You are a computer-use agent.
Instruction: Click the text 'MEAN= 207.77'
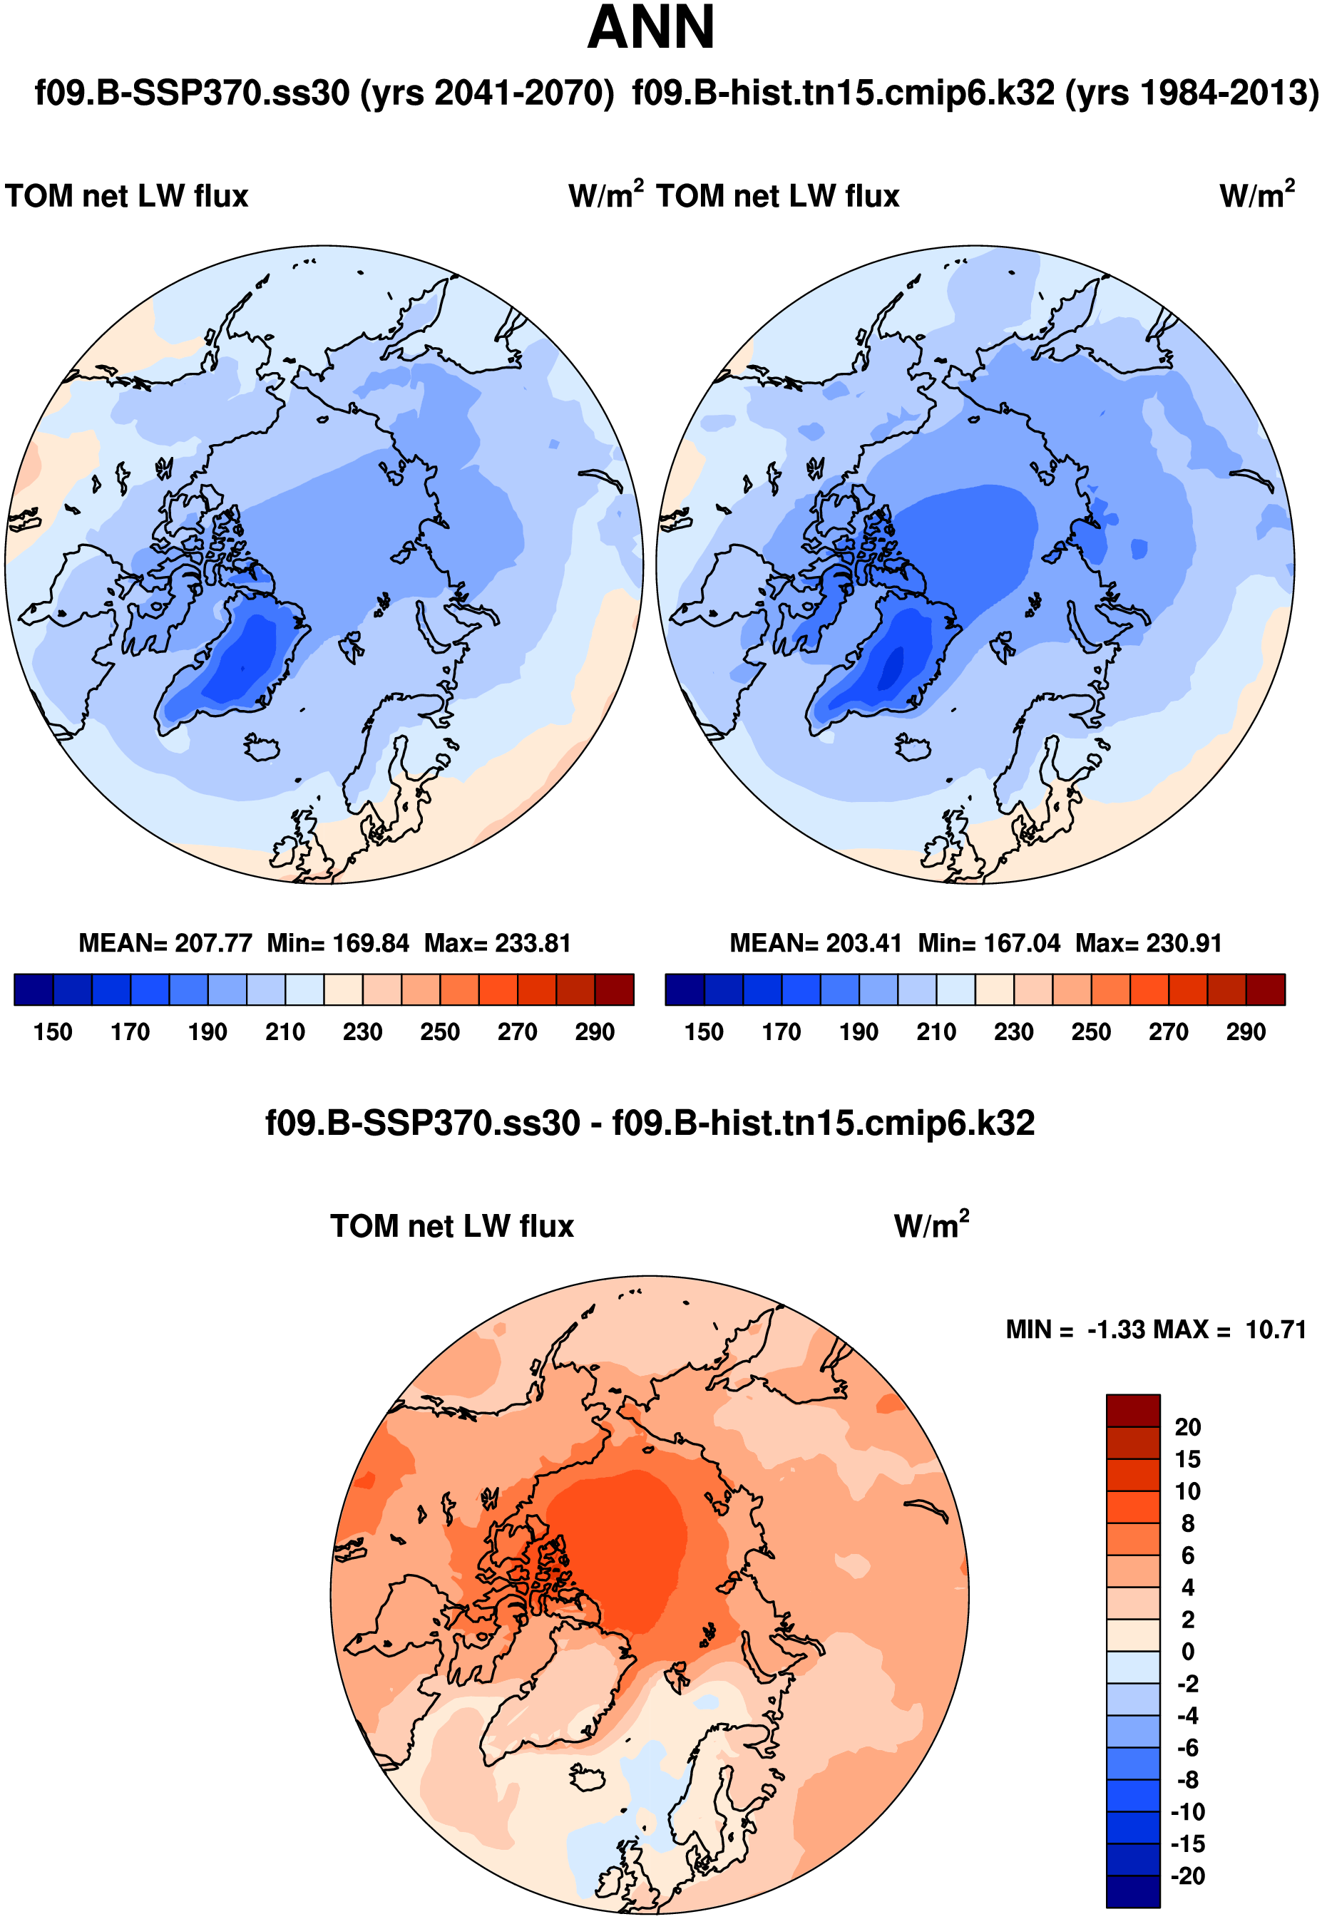pyautogui.click(x=165, y=943)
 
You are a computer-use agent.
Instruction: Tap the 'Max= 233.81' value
pyautogui.click(x=498, y=943)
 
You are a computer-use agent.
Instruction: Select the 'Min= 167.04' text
pyautogui.click(x=989, y=943)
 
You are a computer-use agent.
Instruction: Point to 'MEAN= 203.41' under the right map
pyautogui.click(x=816, y=943)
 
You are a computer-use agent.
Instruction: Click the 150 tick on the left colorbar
pyautogui.click(x=53, y=1032)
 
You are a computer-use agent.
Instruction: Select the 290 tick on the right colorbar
pyautogui.click(x=1246, y=1032)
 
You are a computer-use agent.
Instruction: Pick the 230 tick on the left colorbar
pyautogui.click(x=363, y=1032)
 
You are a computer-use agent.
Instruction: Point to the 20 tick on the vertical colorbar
pyautogui.click(x=1187, y=1427)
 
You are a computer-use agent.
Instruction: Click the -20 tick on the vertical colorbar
pyautogui.click(x=1187, y=1876)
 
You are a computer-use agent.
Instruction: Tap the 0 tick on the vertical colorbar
pyautogui.click(x=1188, y=1652)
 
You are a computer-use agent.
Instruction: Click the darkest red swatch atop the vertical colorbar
pyautogui.click(x=1132, y=1411)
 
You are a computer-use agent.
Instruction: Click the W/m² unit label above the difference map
pyautogui.click(x=931, y=1225)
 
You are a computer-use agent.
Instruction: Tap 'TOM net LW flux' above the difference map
pyautogui.click(x=452, y=1226)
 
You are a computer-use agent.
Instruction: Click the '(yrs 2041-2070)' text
pyautogui.click(x=487, y=93)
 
